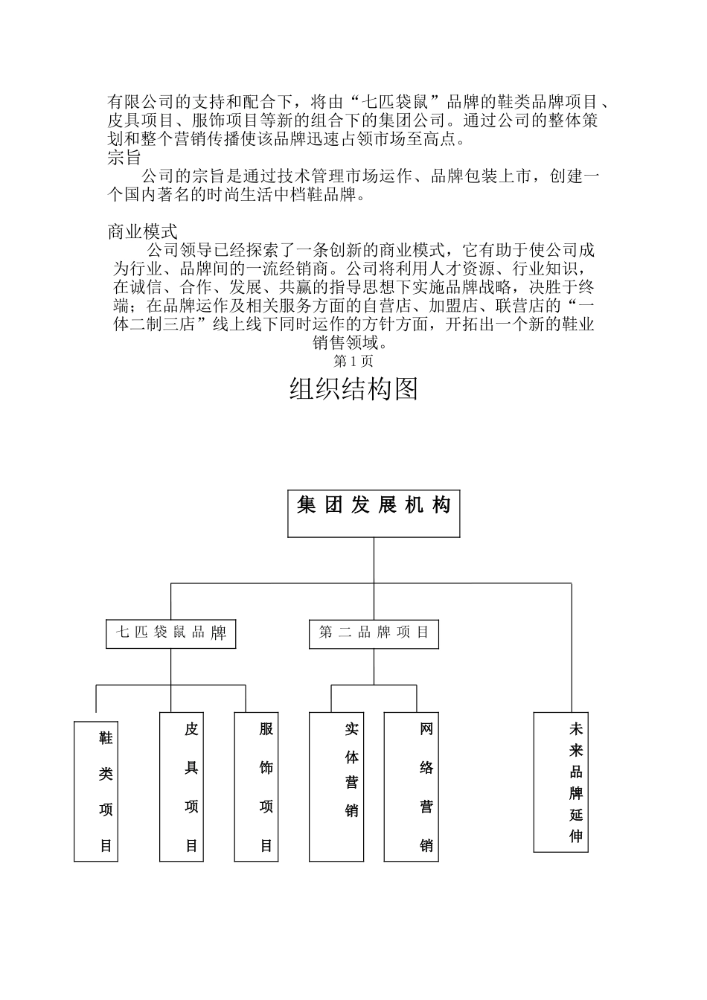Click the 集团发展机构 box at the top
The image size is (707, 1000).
pyautogui.click(x=374, y=513)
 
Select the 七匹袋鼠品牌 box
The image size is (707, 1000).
pyautogui.click(x=170, y=634)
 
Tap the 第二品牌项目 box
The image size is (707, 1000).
pyautogui.click(x=374, y=634)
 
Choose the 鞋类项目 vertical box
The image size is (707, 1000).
pyautogui.click(x=96, y=791)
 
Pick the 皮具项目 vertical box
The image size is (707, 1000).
pyautogui.click(x=182, y=786)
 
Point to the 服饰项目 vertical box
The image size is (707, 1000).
pyautogui.click(x=256, y=786)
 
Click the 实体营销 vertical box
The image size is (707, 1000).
pyautogui.click(x=336, y=786)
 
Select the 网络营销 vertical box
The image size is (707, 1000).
pyautogui.click(x=411, y=786)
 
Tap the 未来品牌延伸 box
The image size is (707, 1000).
pyautogui.click(x=560, y=782)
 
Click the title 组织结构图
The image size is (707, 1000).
pyautogui.click(x=353, y=389)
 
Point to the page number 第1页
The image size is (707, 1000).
pyautogui.click(x=353, y=362)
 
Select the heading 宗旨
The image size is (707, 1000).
pyautogui.click(x=124, y=158)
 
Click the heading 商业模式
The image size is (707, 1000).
pyautogui.click(x=143, y=231)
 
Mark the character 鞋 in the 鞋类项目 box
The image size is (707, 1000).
pyautogui.click(x=106, y=738)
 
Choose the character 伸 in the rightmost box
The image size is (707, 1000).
pyautogui.click(x=575, y=836)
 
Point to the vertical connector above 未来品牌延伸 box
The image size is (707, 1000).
pyautogui.click(x=572, y=647)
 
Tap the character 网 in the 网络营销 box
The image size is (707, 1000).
pyautogui.click(x=426, y=728)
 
